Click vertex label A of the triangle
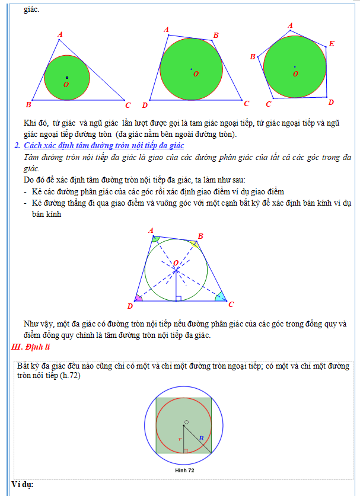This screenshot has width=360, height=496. click(60, 35)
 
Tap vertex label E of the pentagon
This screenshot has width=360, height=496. click(332, 44)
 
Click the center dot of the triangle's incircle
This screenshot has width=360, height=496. click(67, 78)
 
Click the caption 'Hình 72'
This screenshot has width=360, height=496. click(185, 471)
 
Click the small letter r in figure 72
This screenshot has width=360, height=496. click(179, 439)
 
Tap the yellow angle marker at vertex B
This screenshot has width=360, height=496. click(195, 243)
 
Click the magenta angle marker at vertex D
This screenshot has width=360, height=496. click(139, 298)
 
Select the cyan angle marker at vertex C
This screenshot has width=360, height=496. click(220, 296)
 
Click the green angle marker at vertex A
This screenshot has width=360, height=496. click(155, 239)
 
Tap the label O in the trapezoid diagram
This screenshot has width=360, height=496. click(176, 263)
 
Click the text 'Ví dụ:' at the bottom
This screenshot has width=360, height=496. click(23, 485)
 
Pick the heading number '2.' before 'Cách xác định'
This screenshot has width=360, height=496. click(17, 145)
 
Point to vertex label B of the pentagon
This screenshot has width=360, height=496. click(253, 57)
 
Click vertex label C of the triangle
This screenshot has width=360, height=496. click(128, 105)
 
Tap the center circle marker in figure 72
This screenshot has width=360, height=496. click(186, 423)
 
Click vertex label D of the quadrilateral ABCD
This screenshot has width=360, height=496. click(145, 105)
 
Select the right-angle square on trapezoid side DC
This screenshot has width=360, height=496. click(179, 298)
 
